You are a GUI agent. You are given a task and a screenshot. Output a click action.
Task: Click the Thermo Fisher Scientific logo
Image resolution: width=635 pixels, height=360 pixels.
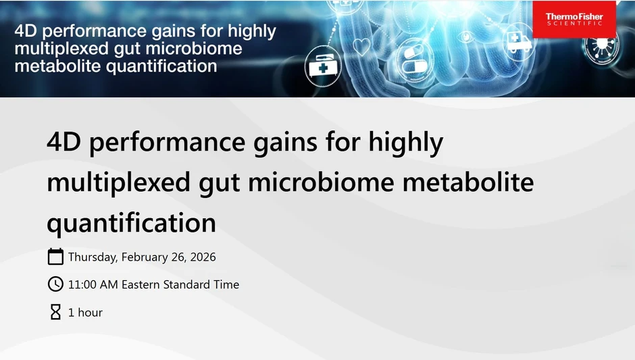(x=574, y=20)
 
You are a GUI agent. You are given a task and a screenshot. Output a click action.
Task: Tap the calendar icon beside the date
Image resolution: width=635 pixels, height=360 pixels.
(x=55, y=257)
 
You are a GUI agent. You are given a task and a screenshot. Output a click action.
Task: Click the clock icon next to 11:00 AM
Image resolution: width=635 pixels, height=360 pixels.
(x=55, y=284)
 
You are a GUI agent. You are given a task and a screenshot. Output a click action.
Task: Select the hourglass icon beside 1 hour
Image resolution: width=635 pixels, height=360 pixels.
(x=55, y=312)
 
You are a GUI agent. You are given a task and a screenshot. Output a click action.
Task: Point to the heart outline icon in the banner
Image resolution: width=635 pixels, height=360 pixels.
(x=363, y=47)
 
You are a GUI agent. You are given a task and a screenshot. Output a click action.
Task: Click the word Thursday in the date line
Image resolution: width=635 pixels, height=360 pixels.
(x=92, y=257)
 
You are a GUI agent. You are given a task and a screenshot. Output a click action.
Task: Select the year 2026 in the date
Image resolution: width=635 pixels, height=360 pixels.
(x=202, y=257)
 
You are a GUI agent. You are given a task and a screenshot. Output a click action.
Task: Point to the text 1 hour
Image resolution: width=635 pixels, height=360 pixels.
(x=85, y=313)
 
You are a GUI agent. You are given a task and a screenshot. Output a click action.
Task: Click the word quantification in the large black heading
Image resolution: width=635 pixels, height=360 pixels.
(x=131, y=222)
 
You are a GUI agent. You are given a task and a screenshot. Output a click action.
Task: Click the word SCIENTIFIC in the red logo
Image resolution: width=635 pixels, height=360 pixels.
(x=574, y=24)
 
